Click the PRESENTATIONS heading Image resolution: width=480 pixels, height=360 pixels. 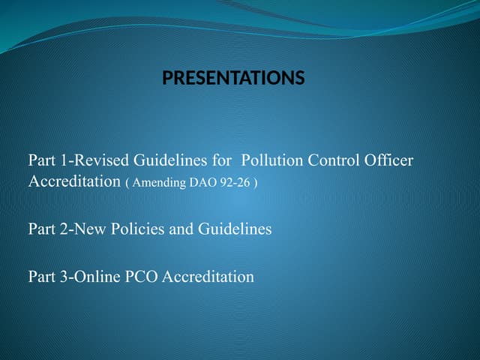pyautogui.click(x=233, y=78)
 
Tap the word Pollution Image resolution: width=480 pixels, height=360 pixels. pyautogui.click(x=272, y=160)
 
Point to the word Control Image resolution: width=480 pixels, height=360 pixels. pyautogui.click(x=332, y=160)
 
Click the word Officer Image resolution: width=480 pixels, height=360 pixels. pyautogui.click(x=388, y=160)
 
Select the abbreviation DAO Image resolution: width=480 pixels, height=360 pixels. pyautogui.click(x=196, y=183)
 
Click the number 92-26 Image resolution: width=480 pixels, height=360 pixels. pyautogui.click(x=230, y=183)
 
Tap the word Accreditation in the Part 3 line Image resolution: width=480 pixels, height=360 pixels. pyautogui.click(x=208, y=277)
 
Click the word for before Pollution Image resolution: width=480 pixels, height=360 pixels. pyautogui.click(x=222, y=160)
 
